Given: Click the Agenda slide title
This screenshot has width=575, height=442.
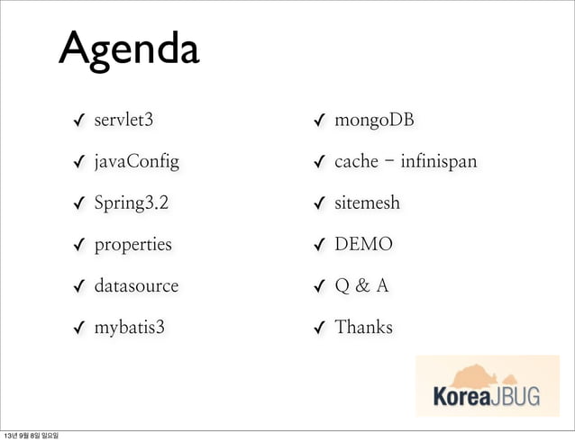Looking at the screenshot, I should pos(129,51).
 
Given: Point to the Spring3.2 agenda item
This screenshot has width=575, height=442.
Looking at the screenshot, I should pos(131,203).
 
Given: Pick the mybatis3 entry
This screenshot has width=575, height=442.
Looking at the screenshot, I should pos(130,327).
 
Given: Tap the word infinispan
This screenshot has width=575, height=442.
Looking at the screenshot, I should pos(436,162).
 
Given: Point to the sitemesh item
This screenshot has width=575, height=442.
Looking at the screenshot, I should pos(367,203).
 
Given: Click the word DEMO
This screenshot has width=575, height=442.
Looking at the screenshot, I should pos(363,245).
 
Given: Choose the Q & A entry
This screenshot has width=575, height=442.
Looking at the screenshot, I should pos(361,286).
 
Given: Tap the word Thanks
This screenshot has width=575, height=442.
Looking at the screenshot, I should pos(363,327).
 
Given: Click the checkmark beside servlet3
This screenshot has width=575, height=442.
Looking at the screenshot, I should pos(80,122).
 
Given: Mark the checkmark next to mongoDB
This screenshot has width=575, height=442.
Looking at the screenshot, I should pos(319,122).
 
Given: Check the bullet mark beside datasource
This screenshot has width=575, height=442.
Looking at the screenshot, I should pos(80,287).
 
